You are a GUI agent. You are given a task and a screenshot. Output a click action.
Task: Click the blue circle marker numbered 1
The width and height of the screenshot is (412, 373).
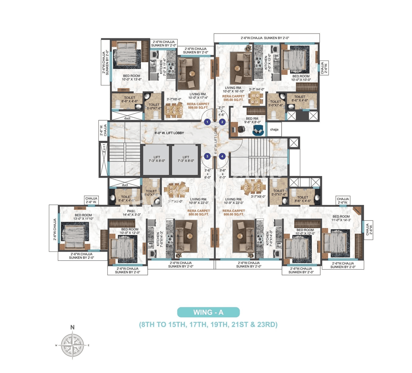pos(207,122)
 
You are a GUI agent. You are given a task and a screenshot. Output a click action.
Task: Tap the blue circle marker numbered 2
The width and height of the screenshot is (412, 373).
pos(222,122)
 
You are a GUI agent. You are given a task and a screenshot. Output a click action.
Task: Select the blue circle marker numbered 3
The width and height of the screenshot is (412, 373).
pos(207,156)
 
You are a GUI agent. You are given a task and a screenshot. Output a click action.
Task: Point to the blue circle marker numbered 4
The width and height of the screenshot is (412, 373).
pos(222,156)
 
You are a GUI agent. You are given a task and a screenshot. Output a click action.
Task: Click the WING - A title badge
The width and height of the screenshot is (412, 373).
pos(208,312)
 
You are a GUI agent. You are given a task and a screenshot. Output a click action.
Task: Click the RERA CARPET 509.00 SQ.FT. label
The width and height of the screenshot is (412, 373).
pos(198,106)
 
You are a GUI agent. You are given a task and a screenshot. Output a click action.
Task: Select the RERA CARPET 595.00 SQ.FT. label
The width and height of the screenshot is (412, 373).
pos(233,98)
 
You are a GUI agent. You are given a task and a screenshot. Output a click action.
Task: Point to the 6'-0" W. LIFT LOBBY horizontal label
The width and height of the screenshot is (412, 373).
pos(169,133)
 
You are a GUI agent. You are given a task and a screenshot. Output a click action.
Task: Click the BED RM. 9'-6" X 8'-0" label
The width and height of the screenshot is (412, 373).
pos(252,120)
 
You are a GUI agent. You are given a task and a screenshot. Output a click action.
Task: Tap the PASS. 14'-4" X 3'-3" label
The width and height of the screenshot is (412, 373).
pos(131,213)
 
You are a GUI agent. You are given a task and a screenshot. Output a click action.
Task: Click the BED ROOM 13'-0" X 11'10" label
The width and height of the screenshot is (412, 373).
pos(83,217)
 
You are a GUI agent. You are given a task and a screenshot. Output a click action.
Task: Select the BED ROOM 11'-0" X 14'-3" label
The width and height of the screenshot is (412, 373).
pos(341,218)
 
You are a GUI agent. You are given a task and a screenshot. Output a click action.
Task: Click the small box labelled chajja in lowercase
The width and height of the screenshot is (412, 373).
pos(274,129)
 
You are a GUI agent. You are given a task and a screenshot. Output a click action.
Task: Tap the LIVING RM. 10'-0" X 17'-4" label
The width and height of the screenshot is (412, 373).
pos(198,96)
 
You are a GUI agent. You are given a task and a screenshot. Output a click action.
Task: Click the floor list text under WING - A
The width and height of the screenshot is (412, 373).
pos(208,324)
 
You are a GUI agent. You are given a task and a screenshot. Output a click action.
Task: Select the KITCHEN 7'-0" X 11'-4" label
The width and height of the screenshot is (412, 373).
pos(163,67)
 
